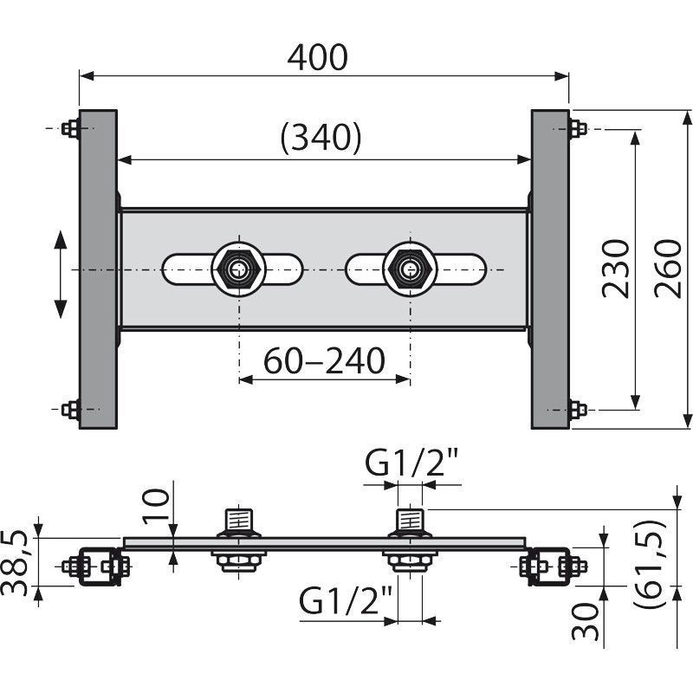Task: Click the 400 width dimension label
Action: point(317,57)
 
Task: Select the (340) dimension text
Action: point(321,138)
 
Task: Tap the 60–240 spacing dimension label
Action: point(324,360)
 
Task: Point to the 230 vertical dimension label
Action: point(616,269)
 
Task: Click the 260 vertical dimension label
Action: point(668,269)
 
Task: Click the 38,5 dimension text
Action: point(15,563)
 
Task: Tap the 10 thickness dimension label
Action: point(156,506)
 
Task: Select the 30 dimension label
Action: point(585,621)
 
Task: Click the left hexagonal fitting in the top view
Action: point(239,269)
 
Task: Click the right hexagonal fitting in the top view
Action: point(410,269)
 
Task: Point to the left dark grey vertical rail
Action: point(98,269)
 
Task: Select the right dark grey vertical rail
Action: point(550,269)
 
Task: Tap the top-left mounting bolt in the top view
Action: point(71,128)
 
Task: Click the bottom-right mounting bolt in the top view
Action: point(578,410)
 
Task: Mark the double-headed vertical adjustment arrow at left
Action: point(60,275)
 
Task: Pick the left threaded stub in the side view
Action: point(239,520)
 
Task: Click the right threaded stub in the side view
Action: point(411,520)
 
